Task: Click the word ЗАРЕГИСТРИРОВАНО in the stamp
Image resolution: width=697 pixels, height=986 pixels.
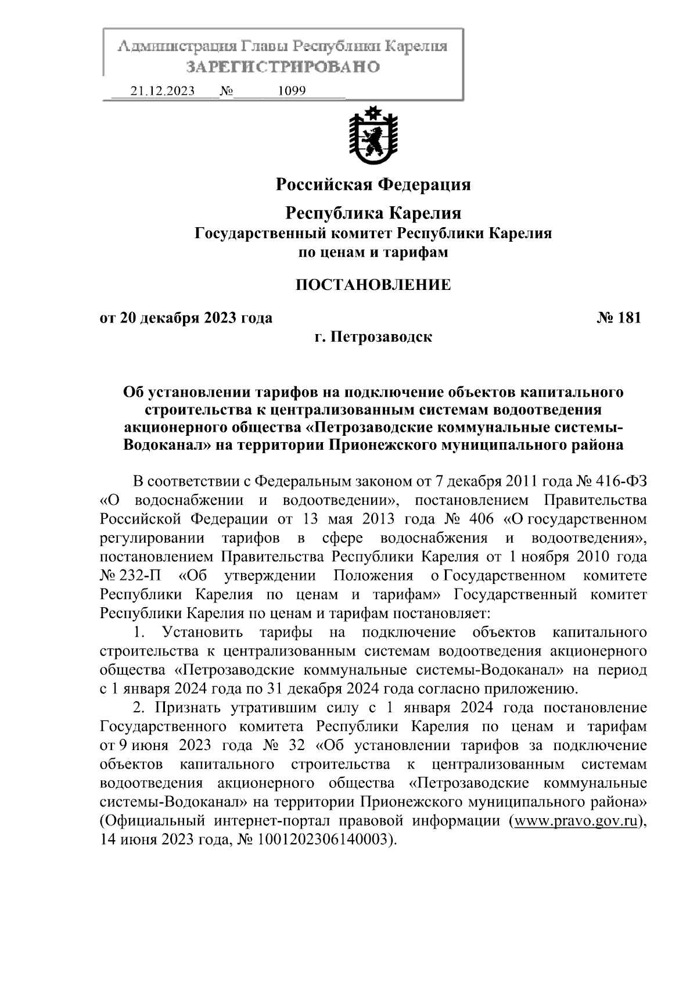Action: (283, 67)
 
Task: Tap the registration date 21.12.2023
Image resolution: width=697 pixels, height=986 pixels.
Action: (163, 91)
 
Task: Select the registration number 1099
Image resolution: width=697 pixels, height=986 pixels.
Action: (292, 91)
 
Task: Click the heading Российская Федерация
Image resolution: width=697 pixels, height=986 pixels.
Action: (372, 185)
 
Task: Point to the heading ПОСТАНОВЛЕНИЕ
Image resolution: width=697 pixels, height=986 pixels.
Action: (373, 285)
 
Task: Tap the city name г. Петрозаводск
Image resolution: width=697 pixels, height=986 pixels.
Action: (373, 336)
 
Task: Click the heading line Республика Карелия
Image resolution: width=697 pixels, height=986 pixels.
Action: (373, 213)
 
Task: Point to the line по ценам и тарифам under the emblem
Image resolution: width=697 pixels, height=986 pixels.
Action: (373, 253)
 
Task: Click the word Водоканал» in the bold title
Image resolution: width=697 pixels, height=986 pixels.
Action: (167, 446)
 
